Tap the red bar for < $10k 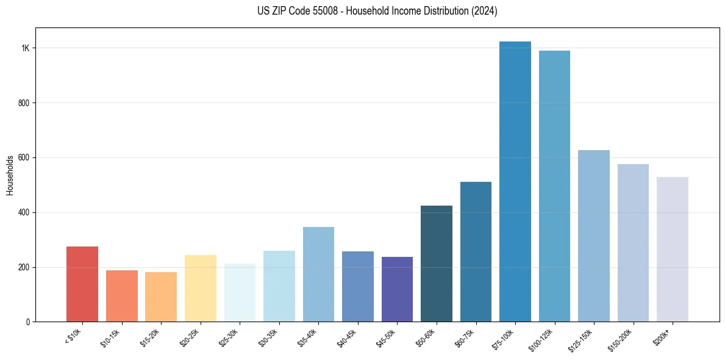pyautogui.click(x=82, y=284)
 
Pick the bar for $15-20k pyautogui.click(x=161, y=297)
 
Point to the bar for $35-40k pyautogui.click(x=318, y=274)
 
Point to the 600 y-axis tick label pyautogui.click(x=24, y=157)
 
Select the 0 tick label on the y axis pyautogui.click(x=28, y=322)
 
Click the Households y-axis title pyautogui.click(x=10, y=175)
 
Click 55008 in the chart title pyautogui.click(x=326, y=11)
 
